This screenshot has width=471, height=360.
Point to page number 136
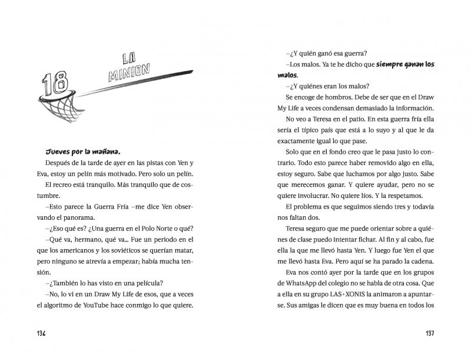coord(37,333)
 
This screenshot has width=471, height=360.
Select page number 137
coord(429,333)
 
